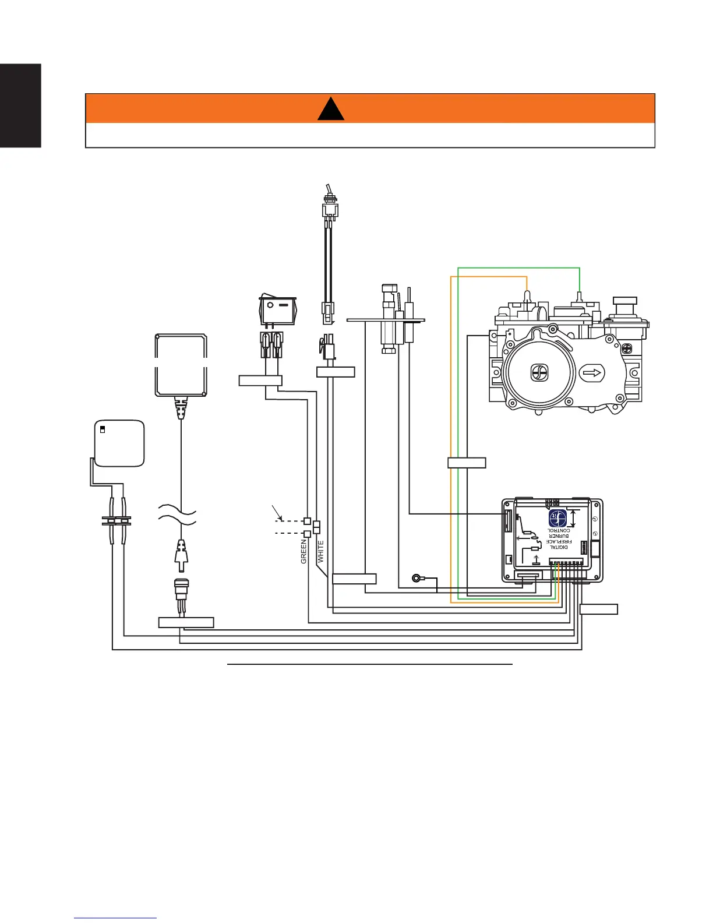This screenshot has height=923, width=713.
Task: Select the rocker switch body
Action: coord(278,311)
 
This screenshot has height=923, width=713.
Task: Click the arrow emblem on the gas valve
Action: coord(593,373)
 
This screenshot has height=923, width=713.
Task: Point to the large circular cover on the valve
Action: coord(539,373)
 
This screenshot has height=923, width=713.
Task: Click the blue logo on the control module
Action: coord(557,519)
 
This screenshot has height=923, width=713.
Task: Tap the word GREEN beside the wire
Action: coord(303,551)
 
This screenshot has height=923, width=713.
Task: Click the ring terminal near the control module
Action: coord(417,578)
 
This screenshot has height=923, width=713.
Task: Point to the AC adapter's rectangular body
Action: coord(181,365)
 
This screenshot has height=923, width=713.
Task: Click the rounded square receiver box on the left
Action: coord(119,443)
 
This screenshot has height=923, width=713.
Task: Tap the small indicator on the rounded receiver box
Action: coord(103,429)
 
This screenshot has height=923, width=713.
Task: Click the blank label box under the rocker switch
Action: coord(260,381)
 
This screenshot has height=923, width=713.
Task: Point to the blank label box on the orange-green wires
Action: coord(467,463)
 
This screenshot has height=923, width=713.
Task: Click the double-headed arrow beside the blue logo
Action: coord(574,519)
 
